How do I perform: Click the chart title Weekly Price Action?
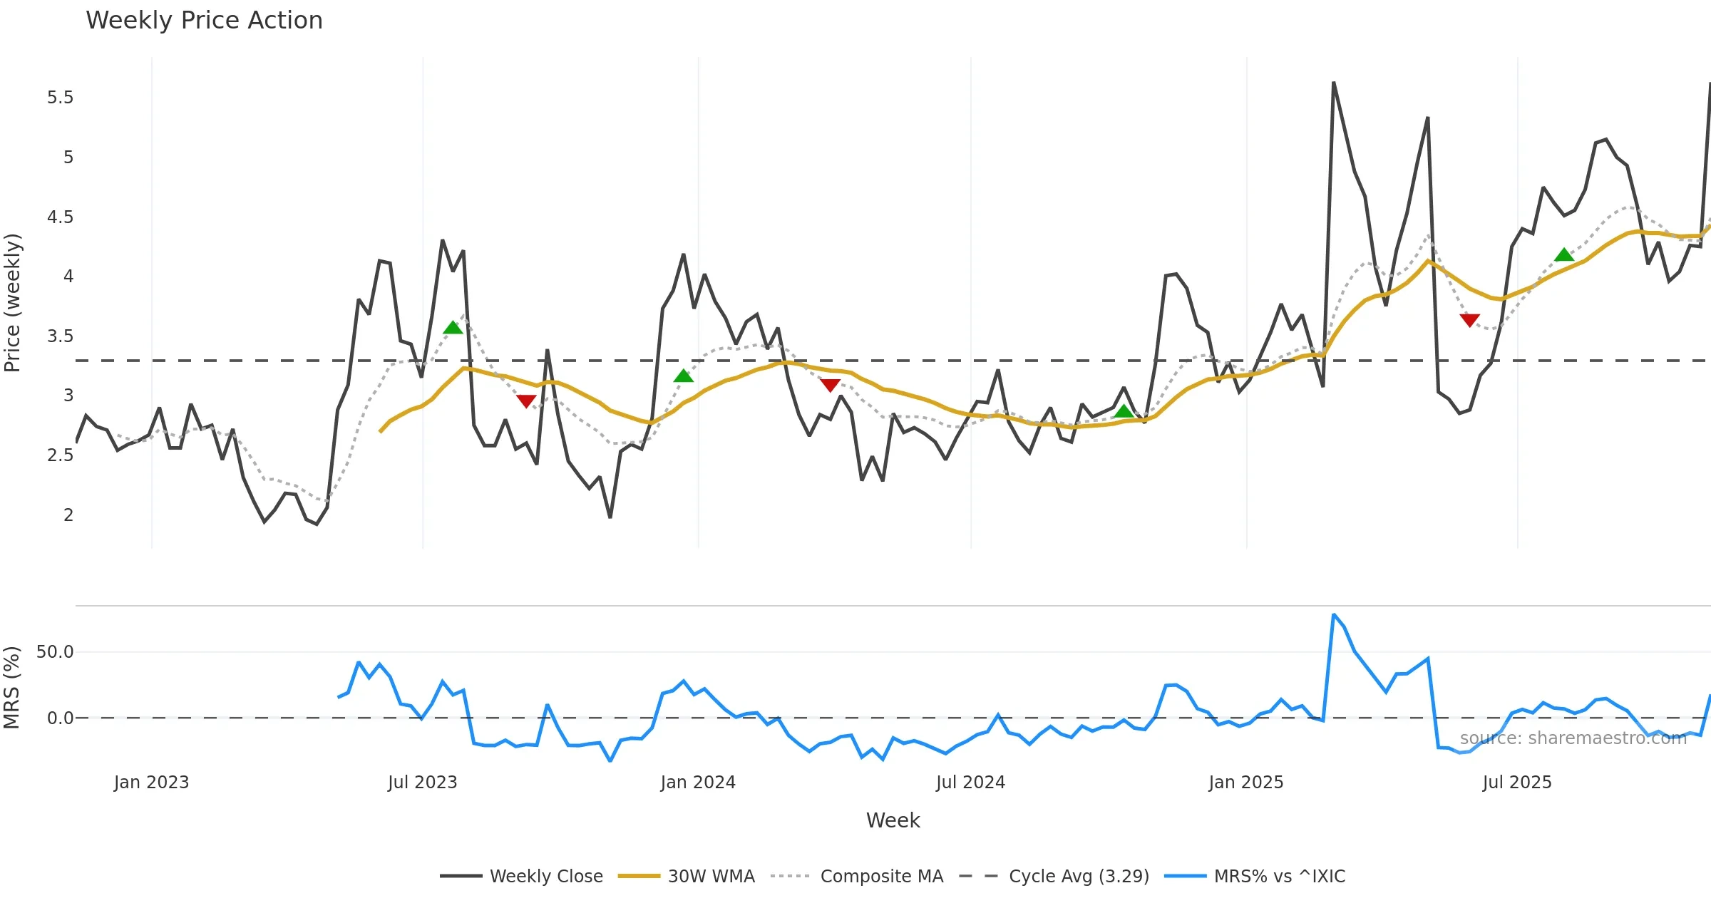[x=204, y=21]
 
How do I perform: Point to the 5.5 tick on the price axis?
[x=61, y=98]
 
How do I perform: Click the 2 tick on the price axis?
[x=68, y=515]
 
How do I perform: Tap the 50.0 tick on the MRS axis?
[x=55, y=651]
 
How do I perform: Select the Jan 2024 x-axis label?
[x=698, y=783]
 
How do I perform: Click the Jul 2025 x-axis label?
[x=1517, y=783]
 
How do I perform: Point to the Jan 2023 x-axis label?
[x=151, y=783]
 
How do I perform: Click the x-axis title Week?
[x=893, y=820]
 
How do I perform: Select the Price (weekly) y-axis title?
[x=13, y=303]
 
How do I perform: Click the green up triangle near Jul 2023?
[x=453, y=328]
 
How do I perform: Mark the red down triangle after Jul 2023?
[x=526, y=401]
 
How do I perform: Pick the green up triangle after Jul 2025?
[x=1563, y=255]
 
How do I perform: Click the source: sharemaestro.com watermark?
[x=1573, y=738]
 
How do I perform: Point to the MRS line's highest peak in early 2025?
[x=1333, y=614]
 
